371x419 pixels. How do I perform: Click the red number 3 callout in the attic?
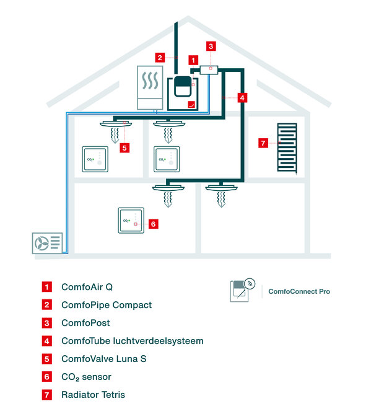tap(211, 46)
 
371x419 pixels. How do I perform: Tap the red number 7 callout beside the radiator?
tap(263, 143)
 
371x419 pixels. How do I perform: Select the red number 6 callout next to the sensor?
tap(153, 224)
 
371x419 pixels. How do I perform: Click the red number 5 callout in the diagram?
tap(124, 148)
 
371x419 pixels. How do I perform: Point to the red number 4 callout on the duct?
tap(242, 98)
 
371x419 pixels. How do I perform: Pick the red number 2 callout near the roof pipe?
tap(160, 58)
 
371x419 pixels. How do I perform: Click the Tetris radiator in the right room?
tap(287, 148)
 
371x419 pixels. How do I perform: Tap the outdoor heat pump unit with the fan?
tap(48, 243)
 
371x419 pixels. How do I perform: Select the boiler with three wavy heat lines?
tap(150, 87)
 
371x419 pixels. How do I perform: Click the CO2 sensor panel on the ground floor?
tap(131, 221)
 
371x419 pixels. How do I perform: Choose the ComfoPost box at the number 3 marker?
tap(209, 70)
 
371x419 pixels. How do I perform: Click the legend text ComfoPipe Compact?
tap(107, 305)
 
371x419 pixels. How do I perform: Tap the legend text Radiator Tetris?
tap(94, 395)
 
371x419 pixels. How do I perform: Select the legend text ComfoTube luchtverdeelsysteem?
tap(133, 341)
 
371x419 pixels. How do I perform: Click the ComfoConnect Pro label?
tap(299, 291)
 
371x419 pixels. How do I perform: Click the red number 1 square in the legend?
tap(46, 287)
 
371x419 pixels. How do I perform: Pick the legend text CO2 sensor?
tap(86, 377)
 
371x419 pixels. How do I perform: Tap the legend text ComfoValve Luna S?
tap(104, 359)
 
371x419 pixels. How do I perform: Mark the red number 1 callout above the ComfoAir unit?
tap(193, 60)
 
